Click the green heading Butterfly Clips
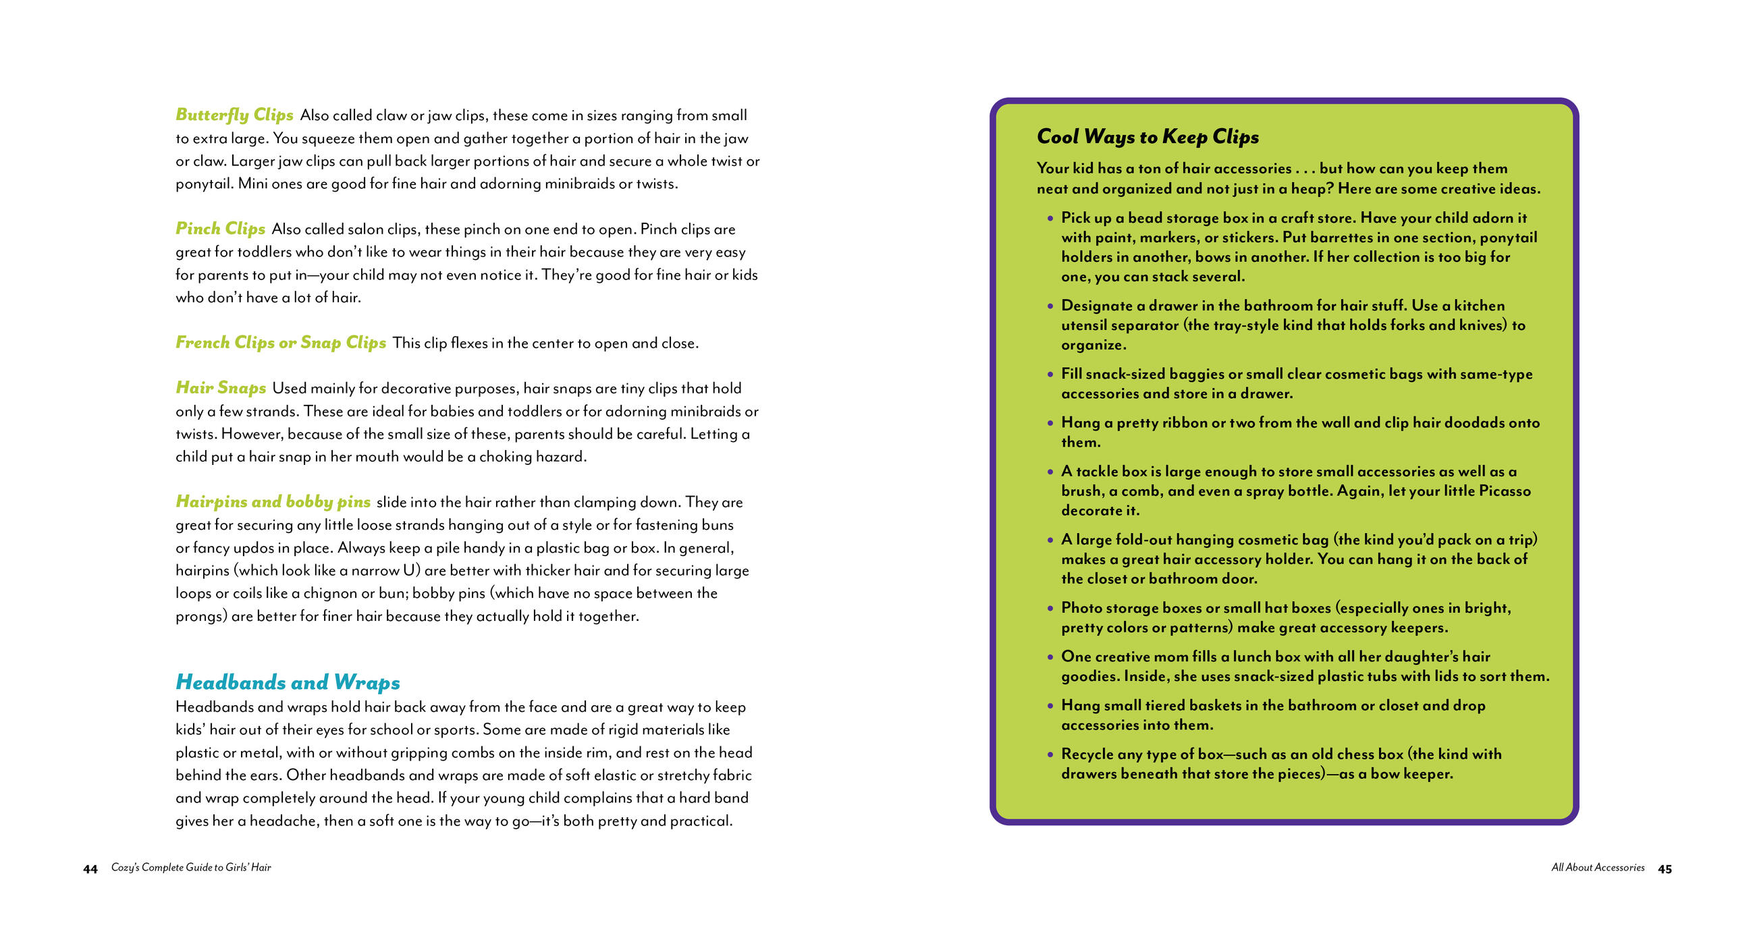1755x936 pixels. coord(234,115)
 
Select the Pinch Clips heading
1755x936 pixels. coord(220,228)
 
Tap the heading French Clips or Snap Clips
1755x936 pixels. coord(281,342)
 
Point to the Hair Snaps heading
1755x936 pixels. coord(221,387)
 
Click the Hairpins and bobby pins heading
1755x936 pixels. coord(273,501)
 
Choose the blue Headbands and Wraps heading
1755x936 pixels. coord(288,682)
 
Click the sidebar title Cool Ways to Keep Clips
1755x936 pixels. coord(1147,136)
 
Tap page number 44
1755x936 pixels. coord(90,869)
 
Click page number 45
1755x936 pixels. coord(1665,869)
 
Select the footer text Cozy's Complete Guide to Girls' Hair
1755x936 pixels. coord(191,867)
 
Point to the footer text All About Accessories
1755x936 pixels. coord(1598,867)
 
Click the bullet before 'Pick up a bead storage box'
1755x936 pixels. coord(1050,219)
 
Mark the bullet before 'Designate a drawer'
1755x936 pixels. coord(1050,306)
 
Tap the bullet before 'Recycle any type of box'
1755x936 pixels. coord(1050,754)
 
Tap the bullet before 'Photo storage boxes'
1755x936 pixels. coord(1050,608)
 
